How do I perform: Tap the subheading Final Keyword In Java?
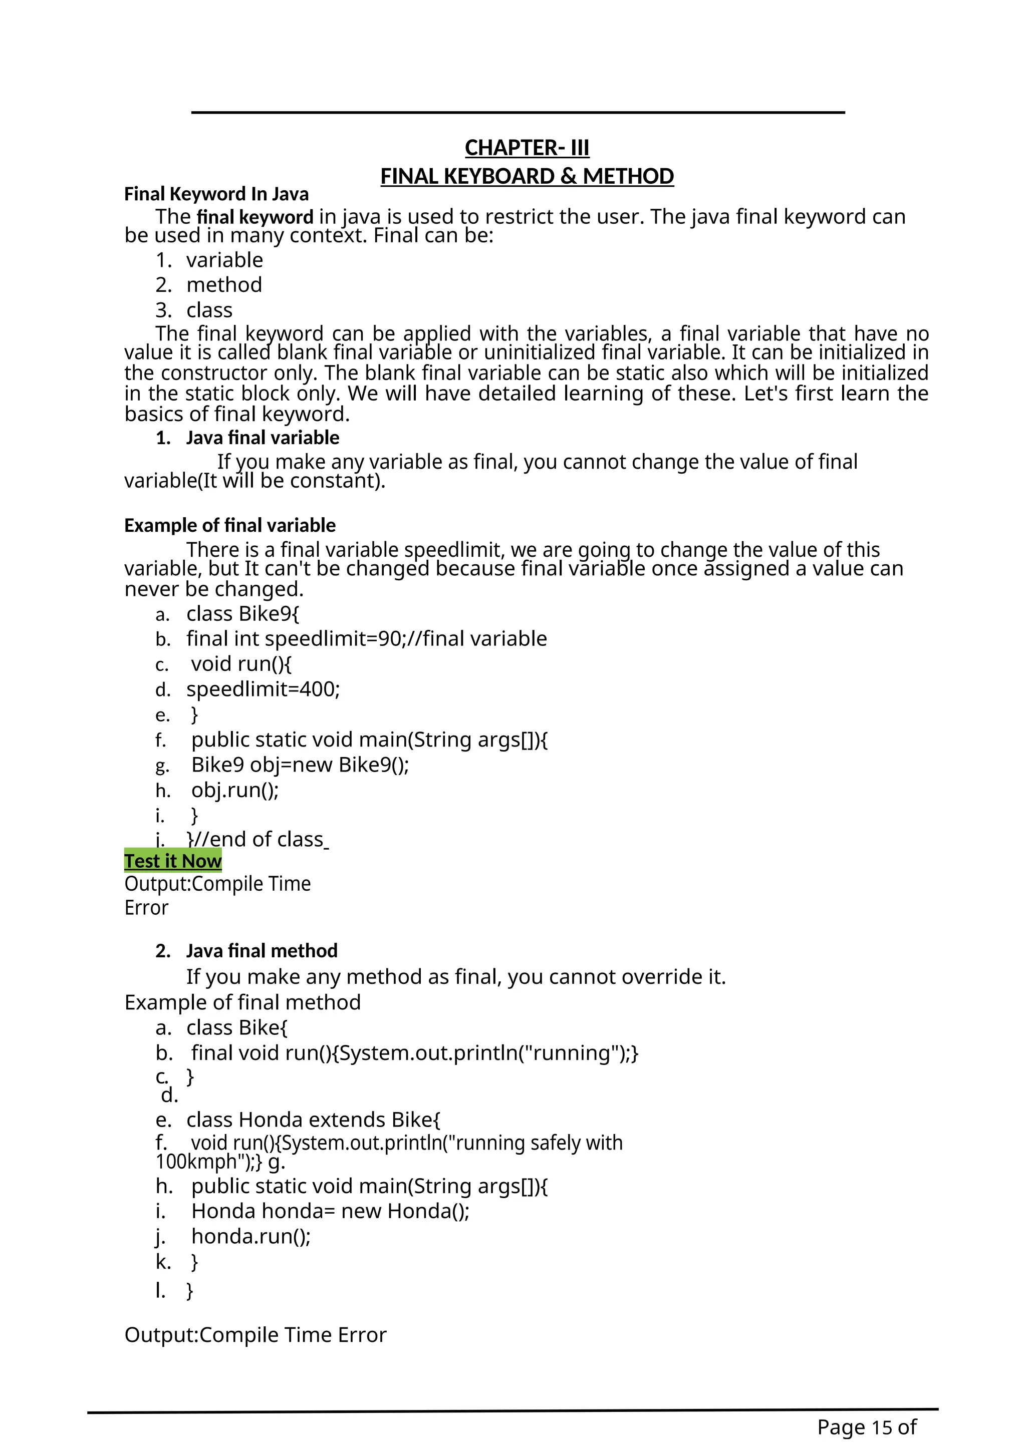[x=216, y=194]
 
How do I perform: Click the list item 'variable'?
[x=224, y=260]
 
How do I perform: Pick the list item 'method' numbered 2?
[x=223, y=285]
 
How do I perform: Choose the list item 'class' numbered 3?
[x=209, y=310]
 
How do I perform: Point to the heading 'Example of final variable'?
[x=230, y=525]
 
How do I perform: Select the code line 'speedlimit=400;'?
[x=263, y=689]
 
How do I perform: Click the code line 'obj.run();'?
[x=235, y=790]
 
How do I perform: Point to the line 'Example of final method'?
[x=242, y=1002]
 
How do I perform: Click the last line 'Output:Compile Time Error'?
[x=255, y=1335]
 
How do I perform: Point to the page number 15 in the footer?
[x=881, y=1427]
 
